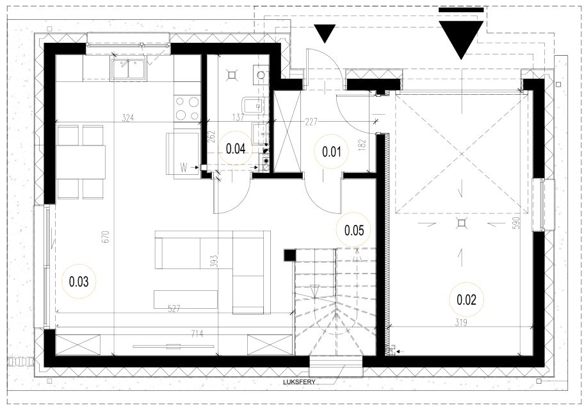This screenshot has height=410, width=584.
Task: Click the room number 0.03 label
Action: point(79,282)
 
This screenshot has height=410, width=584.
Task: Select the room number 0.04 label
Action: point(236,149)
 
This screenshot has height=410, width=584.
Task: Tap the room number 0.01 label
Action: point(332,152)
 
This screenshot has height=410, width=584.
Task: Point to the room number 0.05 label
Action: point(354,231)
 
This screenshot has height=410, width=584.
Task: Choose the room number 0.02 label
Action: point(466,300)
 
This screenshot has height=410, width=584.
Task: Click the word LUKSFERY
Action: point(299,382)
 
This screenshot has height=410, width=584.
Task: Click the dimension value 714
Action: point(197,334)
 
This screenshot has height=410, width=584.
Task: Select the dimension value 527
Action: point(174,309)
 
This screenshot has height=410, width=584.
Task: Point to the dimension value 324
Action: point(128,118)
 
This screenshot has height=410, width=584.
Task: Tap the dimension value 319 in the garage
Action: point(461,323)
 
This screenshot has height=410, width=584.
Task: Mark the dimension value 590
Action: point(516,223)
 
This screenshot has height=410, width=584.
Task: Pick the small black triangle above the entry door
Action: point(325,33)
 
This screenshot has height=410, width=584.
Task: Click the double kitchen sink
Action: point(129,70)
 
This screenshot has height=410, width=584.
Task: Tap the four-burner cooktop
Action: point(188,108)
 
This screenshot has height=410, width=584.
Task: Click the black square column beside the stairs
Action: point(290,256)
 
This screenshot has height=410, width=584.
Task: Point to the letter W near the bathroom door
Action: point(184,168)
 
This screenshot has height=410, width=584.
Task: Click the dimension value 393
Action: point(214,261)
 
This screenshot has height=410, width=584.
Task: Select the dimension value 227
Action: point(311,122)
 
